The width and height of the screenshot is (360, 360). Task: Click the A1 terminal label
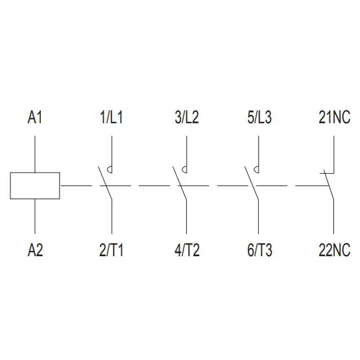[35, 117]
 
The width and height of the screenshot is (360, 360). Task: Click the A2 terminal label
[35, 250]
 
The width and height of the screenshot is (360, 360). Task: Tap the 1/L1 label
[112, 117]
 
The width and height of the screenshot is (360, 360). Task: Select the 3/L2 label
[187, 117]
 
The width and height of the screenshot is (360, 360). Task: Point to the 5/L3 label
[259, 117]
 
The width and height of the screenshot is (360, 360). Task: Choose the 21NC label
[335, 117]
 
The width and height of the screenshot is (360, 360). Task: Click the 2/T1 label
[112, 250]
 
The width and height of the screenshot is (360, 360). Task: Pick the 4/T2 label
[187, 250]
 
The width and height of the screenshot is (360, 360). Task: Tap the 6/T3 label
[259, 250]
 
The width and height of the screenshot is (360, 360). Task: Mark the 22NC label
[335, 250]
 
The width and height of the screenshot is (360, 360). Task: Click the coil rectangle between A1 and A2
[35, 173]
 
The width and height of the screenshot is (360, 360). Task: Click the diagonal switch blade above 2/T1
[105, 183]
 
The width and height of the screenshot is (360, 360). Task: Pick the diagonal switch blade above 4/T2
[180, 183]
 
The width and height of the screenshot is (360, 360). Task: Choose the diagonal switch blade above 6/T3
[252, 183]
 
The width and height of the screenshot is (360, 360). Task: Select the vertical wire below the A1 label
[35, 154]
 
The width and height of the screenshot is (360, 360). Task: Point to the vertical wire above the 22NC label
[334, 217]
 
